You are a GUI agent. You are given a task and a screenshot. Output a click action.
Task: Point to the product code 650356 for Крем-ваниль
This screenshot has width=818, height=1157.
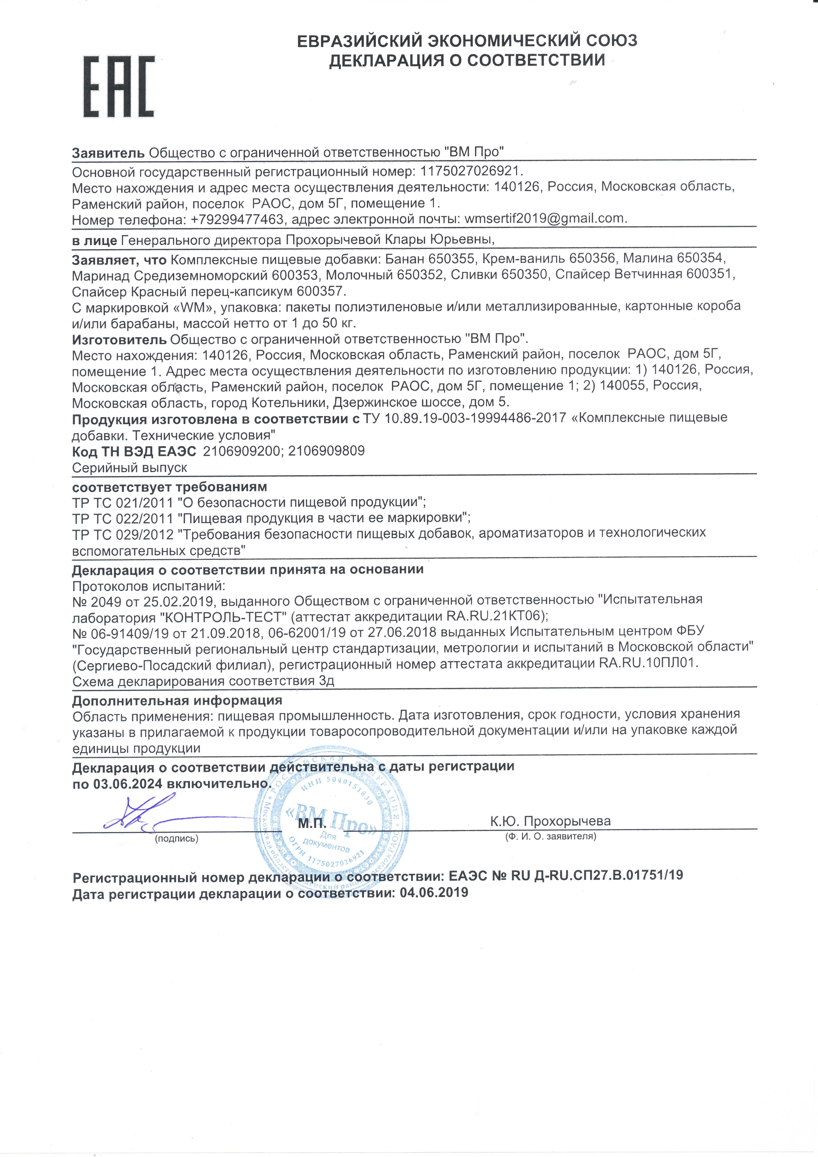click(x=592, y=258)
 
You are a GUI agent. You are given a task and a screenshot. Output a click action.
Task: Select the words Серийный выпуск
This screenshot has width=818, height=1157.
click(x=129, y=468)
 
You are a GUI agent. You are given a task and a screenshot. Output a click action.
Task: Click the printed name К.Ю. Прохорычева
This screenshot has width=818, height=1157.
click(x=550, y=821)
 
